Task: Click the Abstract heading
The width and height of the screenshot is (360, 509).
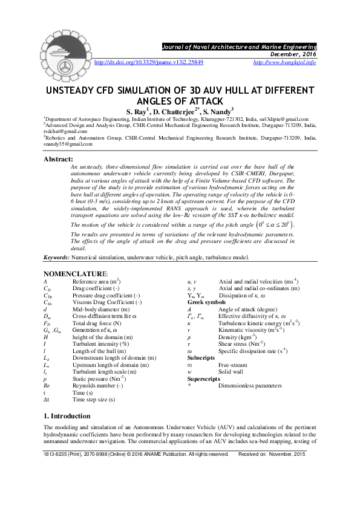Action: point(59,159)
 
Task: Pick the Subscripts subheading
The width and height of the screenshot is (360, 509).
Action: point(201,357)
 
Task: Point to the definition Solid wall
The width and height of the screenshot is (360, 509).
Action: point(231,371)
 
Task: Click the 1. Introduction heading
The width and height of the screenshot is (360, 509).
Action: point(67,416)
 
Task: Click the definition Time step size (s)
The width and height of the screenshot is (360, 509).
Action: point(94,399)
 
